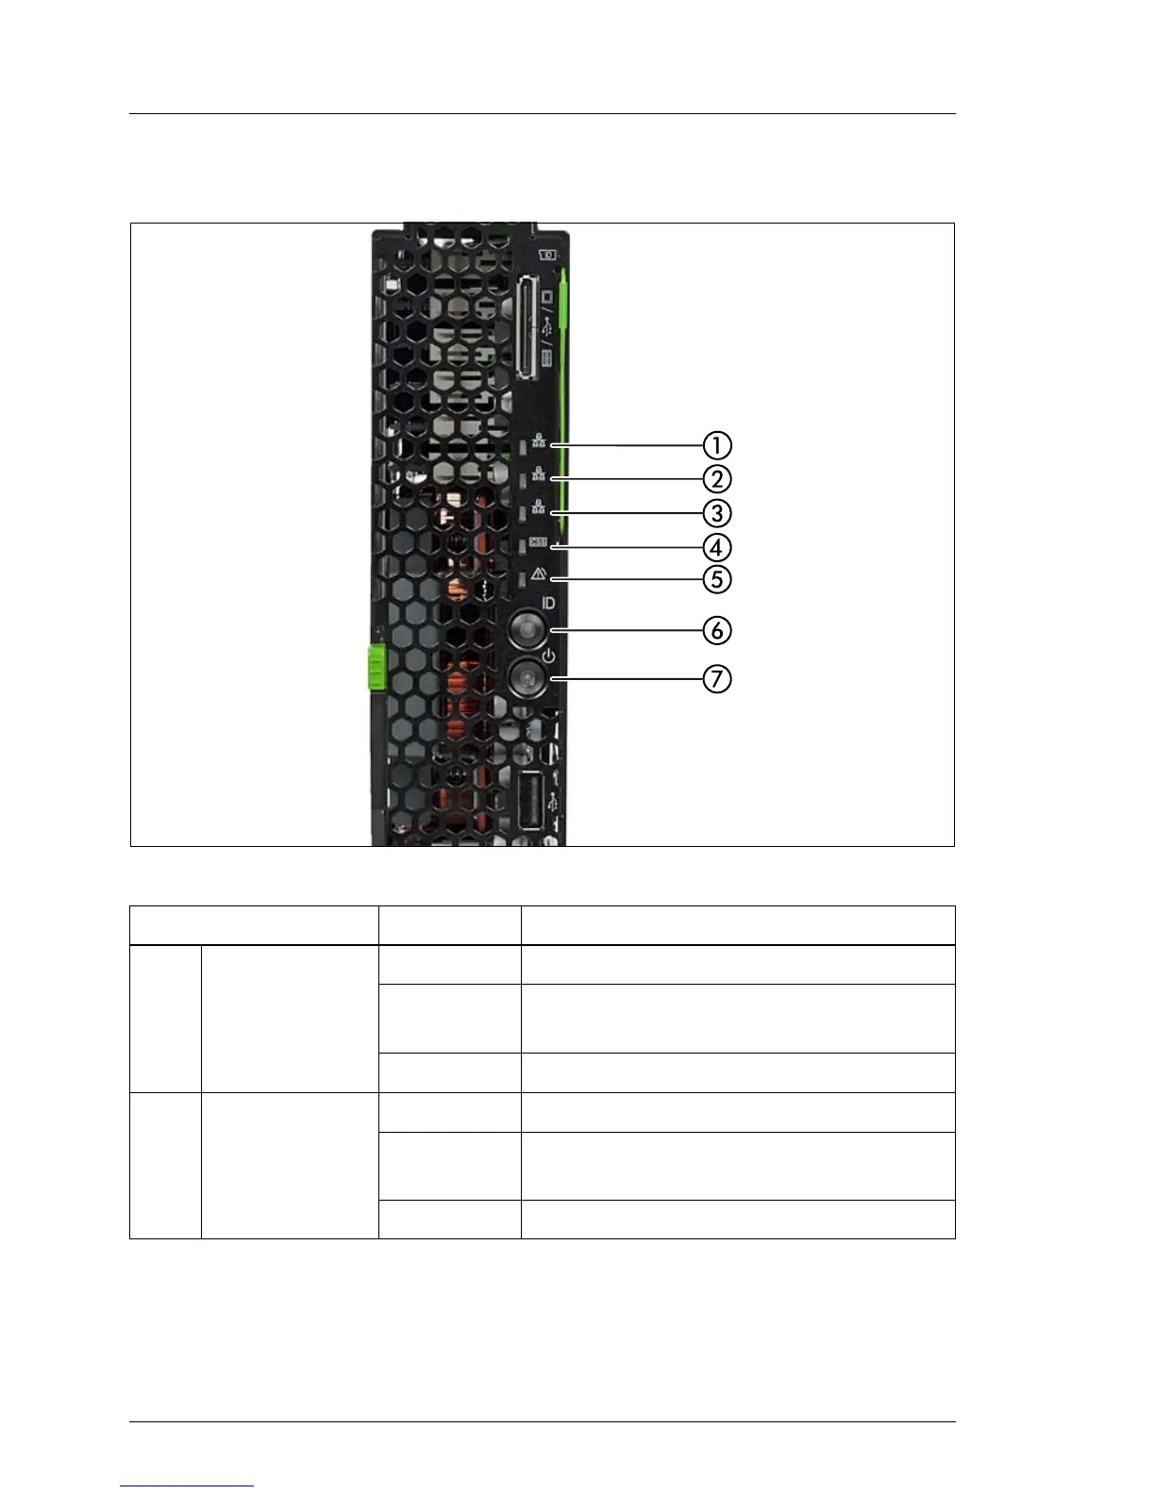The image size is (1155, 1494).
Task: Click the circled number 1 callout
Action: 716,445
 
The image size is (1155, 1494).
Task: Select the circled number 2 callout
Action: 716,479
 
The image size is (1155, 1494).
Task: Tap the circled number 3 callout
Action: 716,513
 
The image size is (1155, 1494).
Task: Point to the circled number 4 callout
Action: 716,547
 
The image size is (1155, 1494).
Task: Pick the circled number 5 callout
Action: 716,578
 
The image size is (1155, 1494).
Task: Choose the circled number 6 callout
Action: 716,629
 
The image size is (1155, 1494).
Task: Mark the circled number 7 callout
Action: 716,678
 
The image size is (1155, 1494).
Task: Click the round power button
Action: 527,677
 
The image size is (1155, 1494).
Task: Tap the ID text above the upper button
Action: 548,603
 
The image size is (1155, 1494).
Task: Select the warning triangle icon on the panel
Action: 539,573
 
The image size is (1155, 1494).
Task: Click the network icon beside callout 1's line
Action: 539,440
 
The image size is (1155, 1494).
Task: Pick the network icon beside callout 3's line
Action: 539,507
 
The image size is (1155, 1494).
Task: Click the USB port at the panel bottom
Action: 530,800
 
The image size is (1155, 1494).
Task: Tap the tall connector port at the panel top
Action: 527,328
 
